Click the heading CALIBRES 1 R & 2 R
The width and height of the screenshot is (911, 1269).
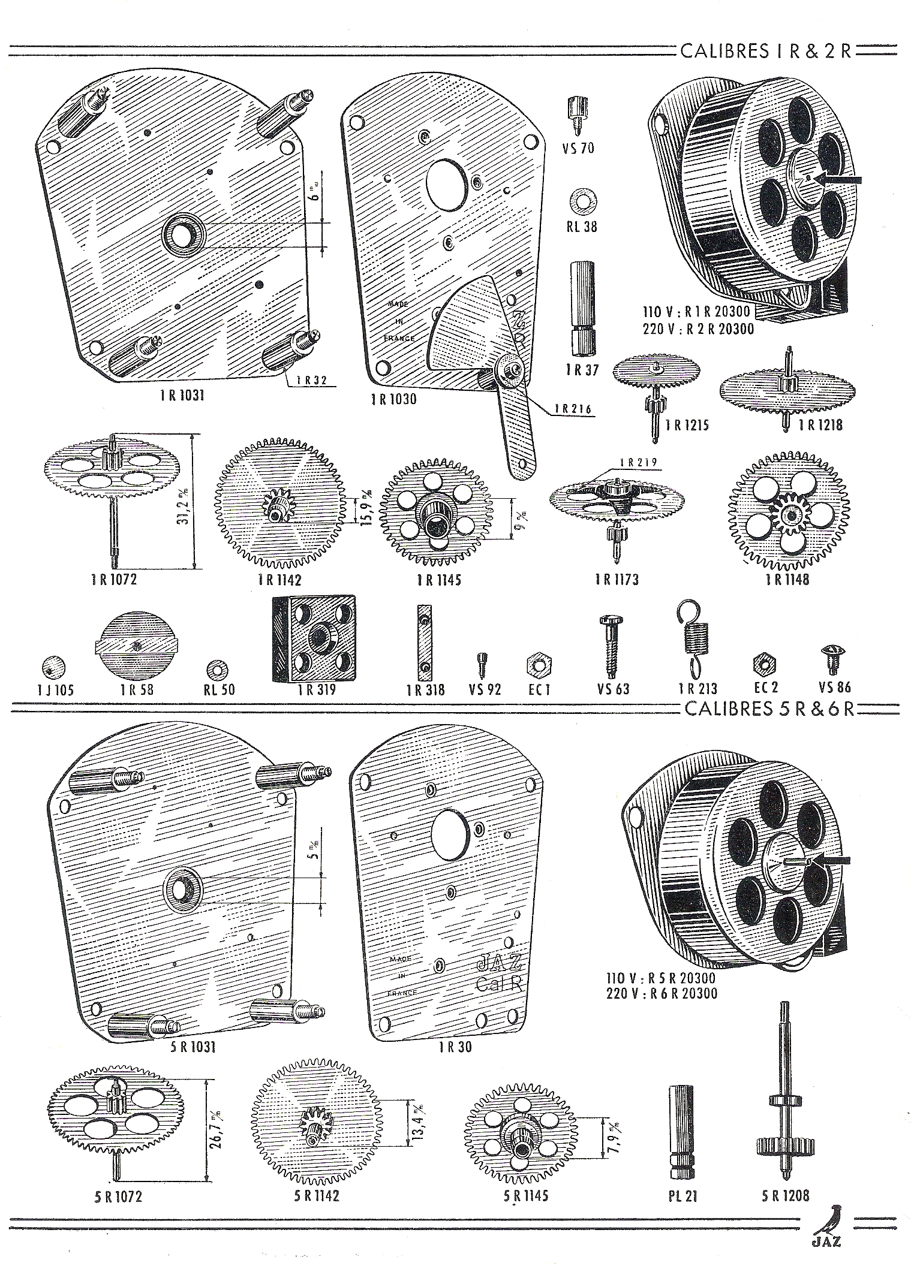pyautogui.click(x=766, y=51)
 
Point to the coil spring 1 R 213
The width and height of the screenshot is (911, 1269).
pyautogui.click(x=692, y=638)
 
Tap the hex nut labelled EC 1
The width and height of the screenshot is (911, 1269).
pyautogui.click(x=539, y=664)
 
